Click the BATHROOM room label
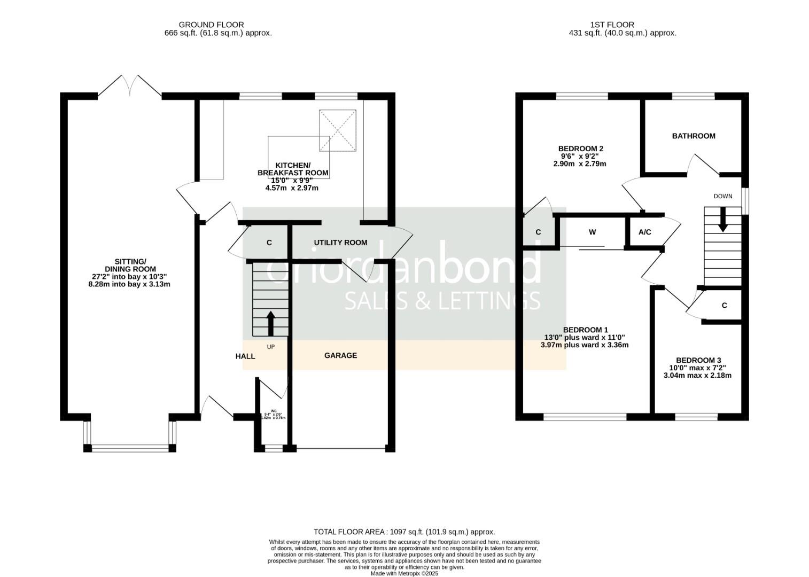tap(693, 136)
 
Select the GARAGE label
tap(340, 355)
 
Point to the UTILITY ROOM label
tap(340, 243)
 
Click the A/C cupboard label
tap(645, 232)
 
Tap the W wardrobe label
tap(592, 232)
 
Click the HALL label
tap(245, 356)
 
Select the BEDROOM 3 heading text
tap(698, 361)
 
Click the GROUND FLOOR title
tap(211, 25)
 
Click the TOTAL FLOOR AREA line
tap(404, 532)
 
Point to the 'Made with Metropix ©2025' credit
tap(404, 573)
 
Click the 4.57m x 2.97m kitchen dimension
tap(292, 188)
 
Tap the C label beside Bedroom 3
tap(724, 306)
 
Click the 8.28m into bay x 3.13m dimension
tap(129, 284)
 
